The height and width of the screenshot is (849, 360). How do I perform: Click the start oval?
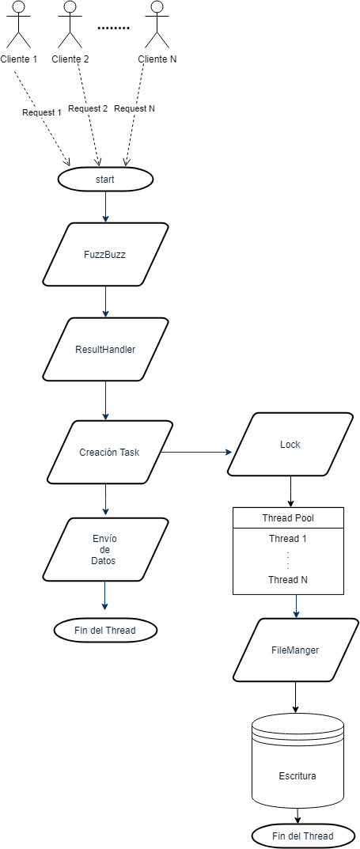pyautogui.click(x=105, y=180)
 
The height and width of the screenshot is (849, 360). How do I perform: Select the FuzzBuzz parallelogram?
pyautogui.click(x=105, y=255)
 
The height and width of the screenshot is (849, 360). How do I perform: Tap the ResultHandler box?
pyautogui.click(x=105, y=349)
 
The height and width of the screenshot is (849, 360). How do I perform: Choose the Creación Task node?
pyautogui.click(x=109, y=452)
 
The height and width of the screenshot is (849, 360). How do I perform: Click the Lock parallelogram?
pyautogui.click(x=290, y=444)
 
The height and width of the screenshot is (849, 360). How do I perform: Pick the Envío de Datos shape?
pyautogui.click(x=105, y=549)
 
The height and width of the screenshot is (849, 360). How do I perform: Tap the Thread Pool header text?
pyautogui.click(x=288, y=518)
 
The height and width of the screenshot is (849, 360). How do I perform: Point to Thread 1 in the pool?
pyautogui.click(x=288, y=539)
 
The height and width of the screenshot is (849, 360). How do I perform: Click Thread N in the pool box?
pyautogui.click(x=288, y=580)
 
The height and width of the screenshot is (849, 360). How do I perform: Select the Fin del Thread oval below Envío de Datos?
pyautogui.click(x=105, y=631)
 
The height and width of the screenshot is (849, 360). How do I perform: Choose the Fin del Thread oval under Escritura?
pyautogui.click(x=302, y=836)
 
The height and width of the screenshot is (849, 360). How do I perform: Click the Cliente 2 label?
pyautogui.click(x=70, y=59)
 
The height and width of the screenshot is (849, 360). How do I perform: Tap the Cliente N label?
pyautogui.click(x=157, y=59)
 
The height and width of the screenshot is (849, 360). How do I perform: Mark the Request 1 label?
pyautogui.click(x=42, y=112)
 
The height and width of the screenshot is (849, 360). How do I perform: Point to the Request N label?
pyautogui.click(x=135, y=108)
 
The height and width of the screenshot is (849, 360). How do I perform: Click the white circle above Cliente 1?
pyautogui.click(x=19, y=7)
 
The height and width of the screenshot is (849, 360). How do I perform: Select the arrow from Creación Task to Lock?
pyautogui.click(x=196, y=453)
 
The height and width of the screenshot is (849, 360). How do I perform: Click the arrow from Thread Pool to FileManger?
pyautogui.click(x=296, y=606)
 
